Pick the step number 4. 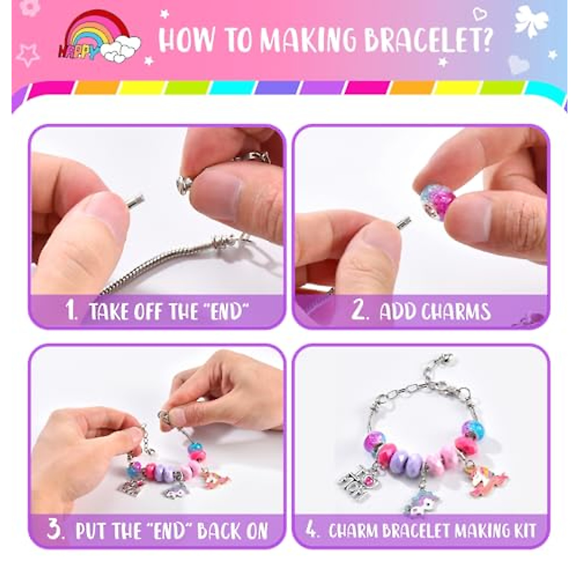(312, 530)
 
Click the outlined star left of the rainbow (27, 54)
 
